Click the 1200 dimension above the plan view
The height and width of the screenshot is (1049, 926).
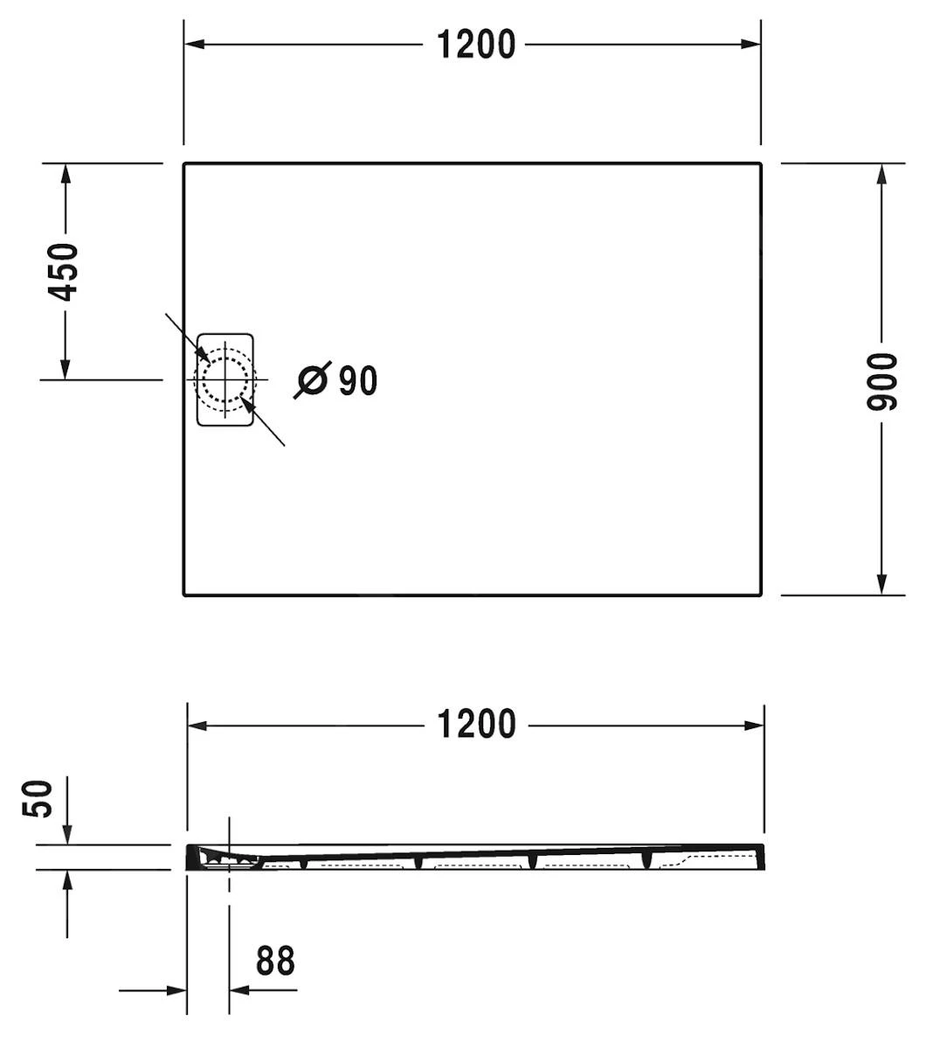coord(476,45)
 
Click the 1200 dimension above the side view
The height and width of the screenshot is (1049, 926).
coord(476,725)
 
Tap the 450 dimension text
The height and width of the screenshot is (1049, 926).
coord(64,272)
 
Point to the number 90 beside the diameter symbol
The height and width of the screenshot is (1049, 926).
coord(358,380)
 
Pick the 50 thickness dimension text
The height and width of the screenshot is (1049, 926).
coord(38,799)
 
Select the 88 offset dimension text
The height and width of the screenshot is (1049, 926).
coord(275,961)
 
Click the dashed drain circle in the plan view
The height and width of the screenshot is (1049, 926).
coord(225,380)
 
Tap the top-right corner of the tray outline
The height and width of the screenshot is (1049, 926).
coord(759,164)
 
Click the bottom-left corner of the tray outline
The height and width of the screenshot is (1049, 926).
coord(185,594)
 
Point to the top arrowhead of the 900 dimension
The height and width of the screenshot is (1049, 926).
coord(881,174)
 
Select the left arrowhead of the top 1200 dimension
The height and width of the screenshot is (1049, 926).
coord(195,45)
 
